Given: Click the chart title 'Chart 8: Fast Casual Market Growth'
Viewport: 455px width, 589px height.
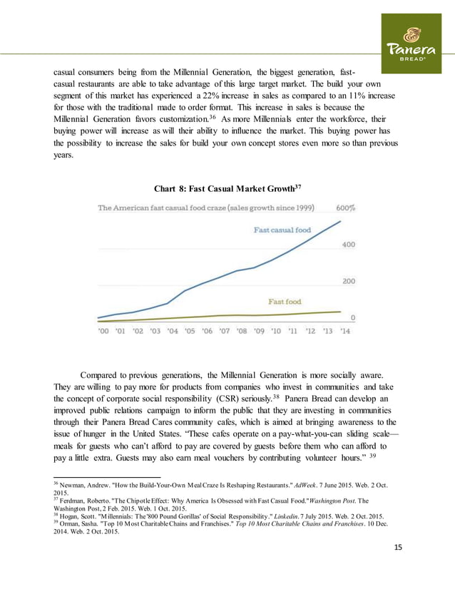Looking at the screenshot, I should pos(227,188).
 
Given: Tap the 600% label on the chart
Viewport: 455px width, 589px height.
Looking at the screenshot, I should pos(347,208).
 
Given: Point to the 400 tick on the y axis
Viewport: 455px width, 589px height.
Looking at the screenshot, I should pos(347,245).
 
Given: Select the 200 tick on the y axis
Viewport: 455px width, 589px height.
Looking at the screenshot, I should pos(347,282).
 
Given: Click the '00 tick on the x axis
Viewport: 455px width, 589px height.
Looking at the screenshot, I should pos(103,331).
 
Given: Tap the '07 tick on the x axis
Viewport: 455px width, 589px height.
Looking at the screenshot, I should pos(224,331).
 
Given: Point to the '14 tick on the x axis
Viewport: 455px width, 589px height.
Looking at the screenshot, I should pos(344,331).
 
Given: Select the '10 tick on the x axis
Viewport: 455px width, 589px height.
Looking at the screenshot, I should pos(275,331).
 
